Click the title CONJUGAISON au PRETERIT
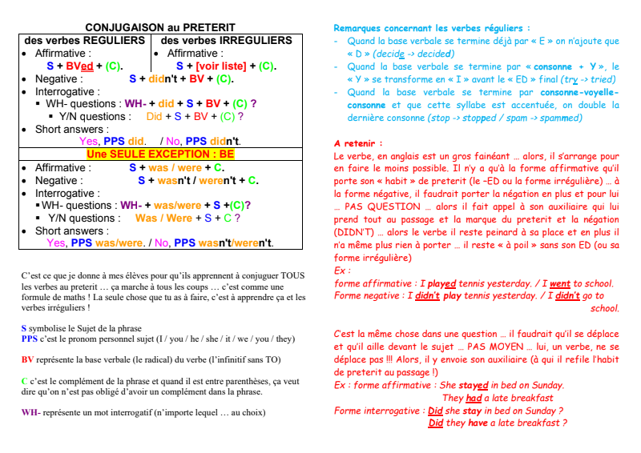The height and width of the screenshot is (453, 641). coord(160,27)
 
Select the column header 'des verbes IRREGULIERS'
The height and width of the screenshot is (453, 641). coord(227,40)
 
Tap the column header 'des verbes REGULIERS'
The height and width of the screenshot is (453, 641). coord(85,40)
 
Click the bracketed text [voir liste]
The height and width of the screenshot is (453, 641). coord(222,66)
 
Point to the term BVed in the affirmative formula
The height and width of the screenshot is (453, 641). coord(79,66)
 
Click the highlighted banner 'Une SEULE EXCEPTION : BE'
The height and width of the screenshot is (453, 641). coord(160,154)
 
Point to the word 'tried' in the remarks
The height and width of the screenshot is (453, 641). coord(601,79)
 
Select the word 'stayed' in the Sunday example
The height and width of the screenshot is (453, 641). coord(474,385)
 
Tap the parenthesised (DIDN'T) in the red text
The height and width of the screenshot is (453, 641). coord(352,232)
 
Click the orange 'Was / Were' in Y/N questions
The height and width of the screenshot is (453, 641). coord(163,218)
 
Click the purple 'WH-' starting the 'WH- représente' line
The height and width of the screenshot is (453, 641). coord(30,412)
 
